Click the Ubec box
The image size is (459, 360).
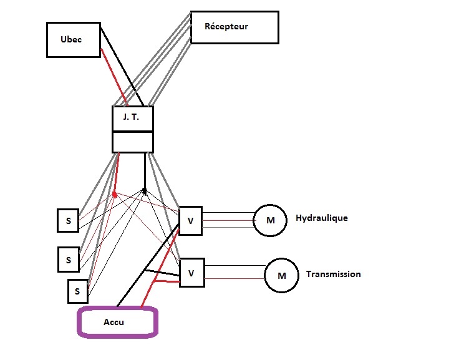coord(74,39)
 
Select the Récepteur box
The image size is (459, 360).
coord(234,27)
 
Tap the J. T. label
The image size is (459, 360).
coord(132,119)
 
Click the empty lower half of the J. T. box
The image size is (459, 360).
coord(132,142)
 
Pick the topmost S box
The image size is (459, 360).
coord(67,220)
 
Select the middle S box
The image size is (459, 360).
coord(68,259)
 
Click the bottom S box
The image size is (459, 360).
coord(77,291)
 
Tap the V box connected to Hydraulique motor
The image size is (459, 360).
coord(190,220)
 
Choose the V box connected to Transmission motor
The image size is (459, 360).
coord(191,273)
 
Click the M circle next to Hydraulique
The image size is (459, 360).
coord(270,220)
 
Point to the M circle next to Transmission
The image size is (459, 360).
coord(281,275)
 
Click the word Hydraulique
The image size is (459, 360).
coord(321,218)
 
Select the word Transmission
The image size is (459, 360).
coord(333,275)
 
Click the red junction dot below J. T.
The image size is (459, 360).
coord(115,195)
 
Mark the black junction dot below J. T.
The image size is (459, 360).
coord(144,190)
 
